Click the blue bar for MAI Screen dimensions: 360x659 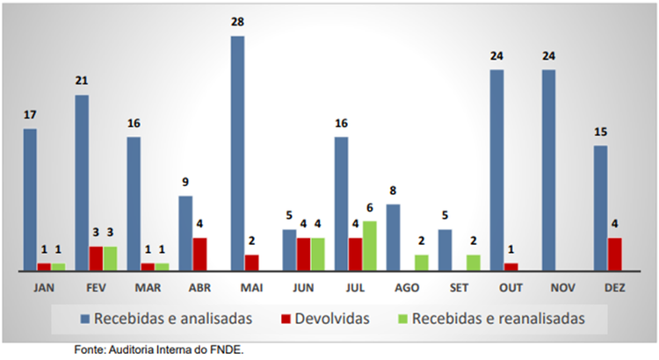[237, 154]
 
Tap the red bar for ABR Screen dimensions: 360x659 [200, 255]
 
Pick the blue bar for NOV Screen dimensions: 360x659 [549, 170]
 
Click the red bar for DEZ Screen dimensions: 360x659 [615, 255]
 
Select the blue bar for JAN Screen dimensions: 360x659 [30, 200]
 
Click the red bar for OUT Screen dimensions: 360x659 [511, 267]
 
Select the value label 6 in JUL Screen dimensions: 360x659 [370, 207]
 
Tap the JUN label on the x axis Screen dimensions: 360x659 [302, 287]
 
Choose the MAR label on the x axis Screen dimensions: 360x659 [147, 287]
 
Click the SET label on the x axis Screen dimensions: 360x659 [458, 287]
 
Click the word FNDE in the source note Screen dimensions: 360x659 [226, 349]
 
